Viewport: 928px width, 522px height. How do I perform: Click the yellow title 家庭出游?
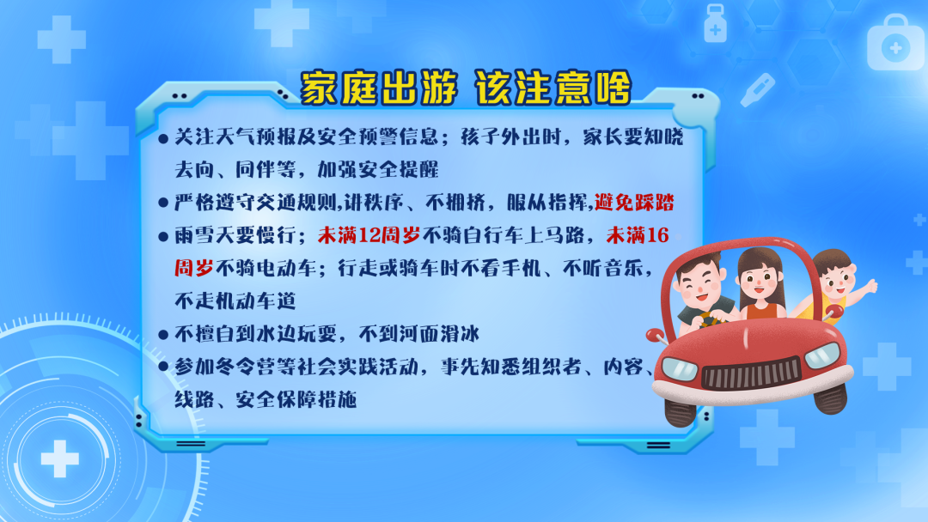point(380,88)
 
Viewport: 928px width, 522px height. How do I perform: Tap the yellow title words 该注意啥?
point(553,88)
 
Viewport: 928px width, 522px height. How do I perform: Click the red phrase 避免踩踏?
point(634,203)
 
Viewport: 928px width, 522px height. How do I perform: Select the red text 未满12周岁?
point(369,235)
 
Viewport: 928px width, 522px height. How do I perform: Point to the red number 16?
point(658,235)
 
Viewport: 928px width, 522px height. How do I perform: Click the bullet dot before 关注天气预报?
point(163,140)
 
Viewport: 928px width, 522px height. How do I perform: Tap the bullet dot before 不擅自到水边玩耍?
point(163,335)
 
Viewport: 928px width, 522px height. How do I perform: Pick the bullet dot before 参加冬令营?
point(163,367)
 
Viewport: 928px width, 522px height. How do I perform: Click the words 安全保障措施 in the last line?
point(296,400)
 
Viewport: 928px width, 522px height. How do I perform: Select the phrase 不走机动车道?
point(235,301)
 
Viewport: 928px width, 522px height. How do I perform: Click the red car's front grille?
point(752,374)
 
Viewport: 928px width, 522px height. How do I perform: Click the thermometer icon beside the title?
point(758,90)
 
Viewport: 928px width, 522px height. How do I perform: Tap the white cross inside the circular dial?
point(59,458)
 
